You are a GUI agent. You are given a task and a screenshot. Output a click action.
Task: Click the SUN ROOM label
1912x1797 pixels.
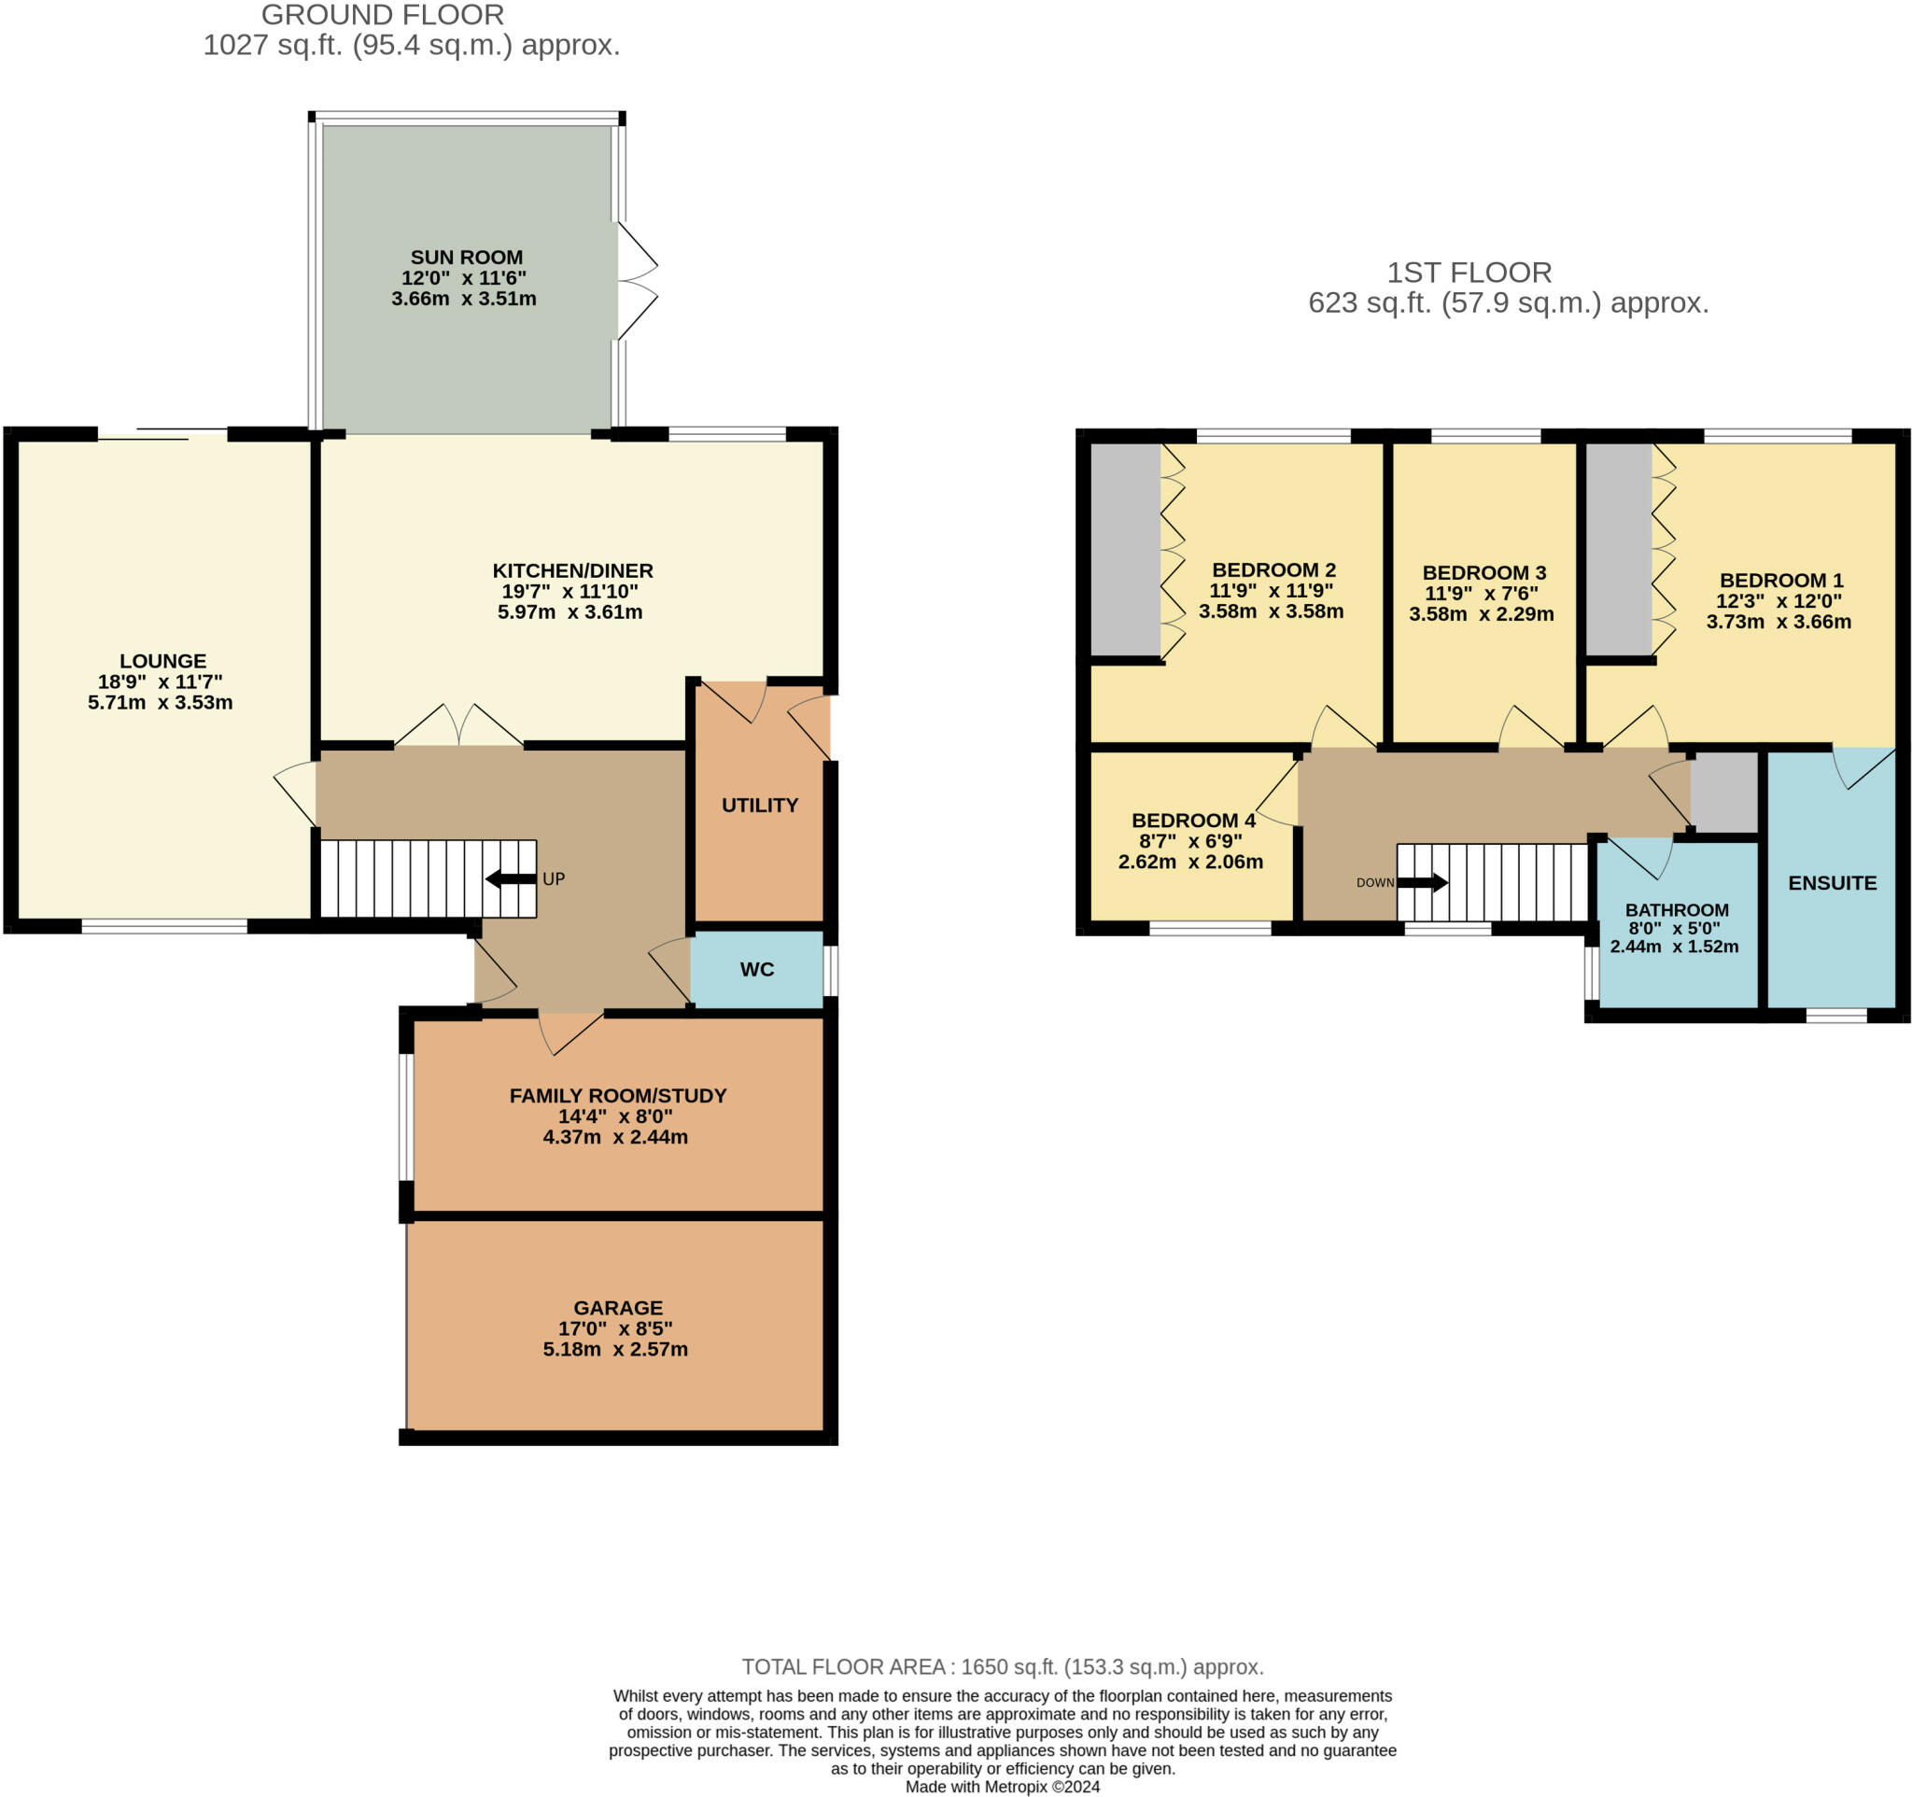coord(467,257)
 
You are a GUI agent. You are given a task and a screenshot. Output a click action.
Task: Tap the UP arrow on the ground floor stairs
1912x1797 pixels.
coord(511,877)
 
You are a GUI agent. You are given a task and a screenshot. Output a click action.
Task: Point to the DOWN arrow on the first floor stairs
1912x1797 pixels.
coord(1423,881)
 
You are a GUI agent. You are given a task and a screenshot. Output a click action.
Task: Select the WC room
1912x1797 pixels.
coord(757,969)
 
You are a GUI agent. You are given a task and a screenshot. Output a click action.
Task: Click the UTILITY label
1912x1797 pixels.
coord(760,805)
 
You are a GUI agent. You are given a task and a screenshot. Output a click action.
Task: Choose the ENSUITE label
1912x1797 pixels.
coord(1832,883)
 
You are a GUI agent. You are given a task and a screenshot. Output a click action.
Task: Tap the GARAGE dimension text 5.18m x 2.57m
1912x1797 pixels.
coord(615,1349)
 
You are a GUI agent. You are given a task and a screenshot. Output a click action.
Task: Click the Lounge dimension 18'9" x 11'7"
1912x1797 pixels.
coord(161,681)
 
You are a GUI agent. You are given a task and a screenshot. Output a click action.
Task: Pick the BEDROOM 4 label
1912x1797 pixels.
coord(1193,821)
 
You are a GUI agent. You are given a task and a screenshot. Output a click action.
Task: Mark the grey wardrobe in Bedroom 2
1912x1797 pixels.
coord(1125,550)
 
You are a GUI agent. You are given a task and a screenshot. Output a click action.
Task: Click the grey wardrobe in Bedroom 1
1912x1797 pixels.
coord(1619,550)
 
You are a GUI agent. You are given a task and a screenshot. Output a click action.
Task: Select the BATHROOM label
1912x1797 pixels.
coord(1678,909)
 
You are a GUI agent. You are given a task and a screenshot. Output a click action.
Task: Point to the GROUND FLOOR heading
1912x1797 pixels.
coord(383,15)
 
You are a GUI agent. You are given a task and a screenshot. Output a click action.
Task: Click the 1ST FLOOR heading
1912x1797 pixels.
coord(1469,274)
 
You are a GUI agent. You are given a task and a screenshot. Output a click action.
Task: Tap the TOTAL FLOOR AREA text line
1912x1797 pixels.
coord(1002,1667)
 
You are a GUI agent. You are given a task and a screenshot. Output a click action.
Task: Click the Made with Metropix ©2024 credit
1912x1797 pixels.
coord(1002,1787)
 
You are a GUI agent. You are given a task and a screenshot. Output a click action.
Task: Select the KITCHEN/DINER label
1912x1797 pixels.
coord(573,571)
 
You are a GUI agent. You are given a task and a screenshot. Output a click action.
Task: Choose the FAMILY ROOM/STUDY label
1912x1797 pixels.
coord(618,1095)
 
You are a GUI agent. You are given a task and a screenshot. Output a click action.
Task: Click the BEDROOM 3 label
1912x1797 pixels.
coord(1484,573)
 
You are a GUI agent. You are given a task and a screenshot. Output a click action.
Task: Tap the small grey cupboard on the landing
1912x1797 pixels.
coord(1724,793)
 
